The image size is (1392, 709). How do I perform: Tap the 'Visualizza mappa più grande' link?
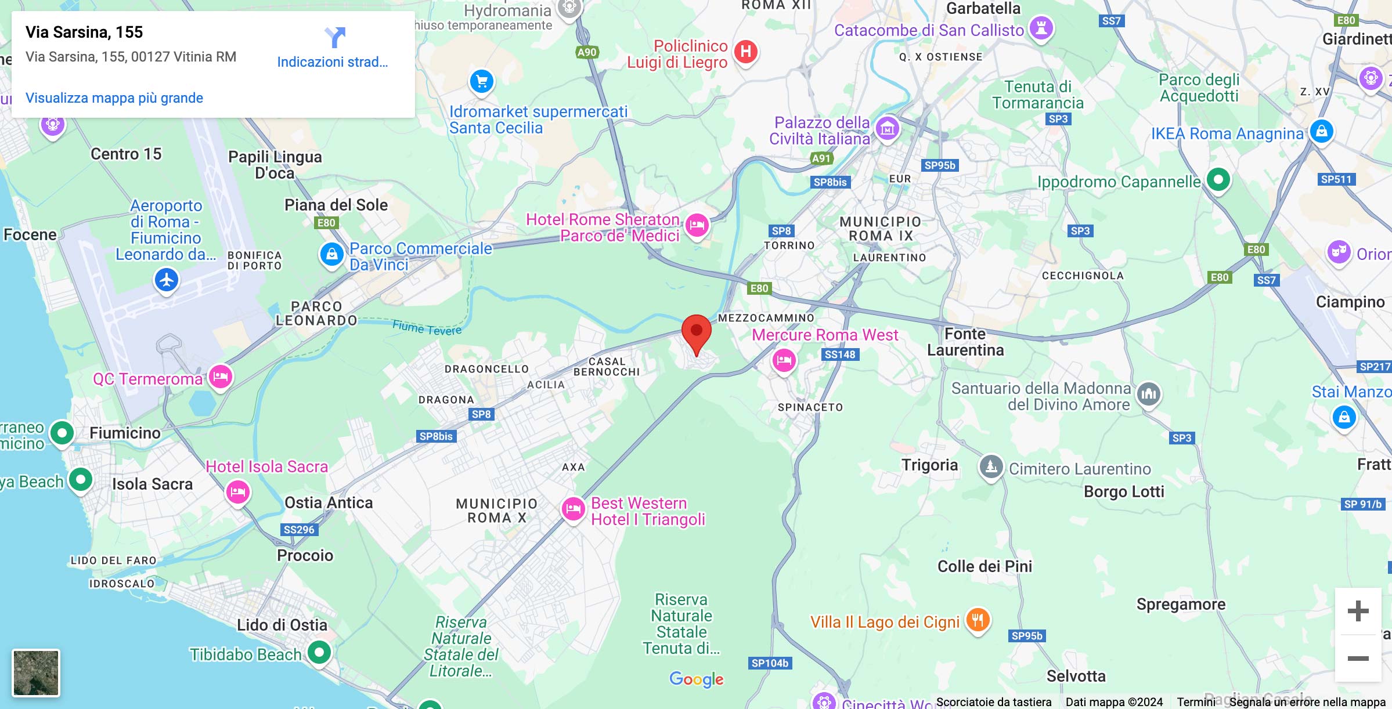114,98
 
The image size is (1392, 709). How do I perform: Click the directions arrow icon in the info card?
335,38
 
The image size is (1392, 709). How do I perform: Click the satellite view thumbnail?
36,672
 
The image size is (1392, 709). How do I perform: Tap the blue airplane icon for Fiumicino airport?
167,280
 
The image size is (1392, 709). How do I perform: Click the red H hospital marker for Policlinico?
746,52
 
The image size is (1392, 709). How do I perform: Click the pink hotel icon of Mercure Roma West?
784,360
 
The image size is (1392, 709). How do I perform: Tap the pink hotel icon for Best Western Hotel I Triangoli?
574,509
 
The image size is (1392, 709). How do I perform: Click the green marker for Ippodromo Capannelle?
1218,180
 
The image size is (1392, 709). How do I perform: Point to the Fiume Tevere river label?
427,328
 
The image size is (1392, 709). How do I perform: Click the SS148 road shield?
839,354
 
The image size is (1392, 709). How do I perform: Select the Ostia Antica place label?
329,502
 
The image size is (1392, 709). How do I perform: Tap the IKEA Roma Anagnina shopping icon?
1321,132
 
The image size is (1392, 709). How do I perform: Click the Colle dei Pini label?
985,566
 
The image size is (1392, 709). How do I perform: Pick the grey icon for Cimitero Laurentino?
991,466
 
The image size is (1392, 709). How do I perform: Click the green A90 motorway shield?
587,52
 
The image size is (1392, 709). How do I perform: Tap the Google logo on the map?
696,679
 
